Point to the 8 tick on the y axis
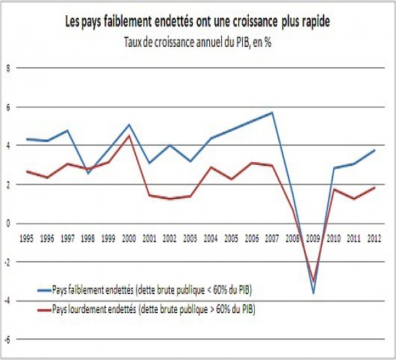click(x=9, y=67)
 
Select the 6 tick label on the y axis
click(x=9, y=106)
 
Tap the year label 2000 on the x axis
click(x=129, y=235)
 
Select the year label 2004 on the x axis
click(x=211, y=235)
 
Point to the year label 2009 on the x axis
click(x=314, y=235)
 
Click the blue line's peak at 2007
click(x=273, y=113)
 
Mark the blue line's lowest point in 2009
click(x=313, y=293)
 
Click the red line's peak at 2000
click(x=129, y=136)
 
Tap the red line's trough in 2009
click(x=313, y=281)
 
